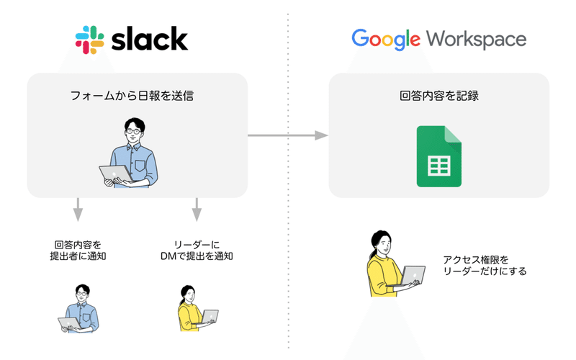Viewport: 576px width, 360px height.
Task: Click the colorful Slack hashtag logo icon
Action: (89, 40)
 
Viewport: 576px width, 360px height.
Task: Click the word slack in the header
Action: (149, 38)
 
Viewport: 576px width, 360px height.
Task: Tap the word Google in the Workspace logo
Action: (384, 39)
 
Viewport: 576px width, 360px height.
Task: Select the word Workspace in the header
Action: (486, 39)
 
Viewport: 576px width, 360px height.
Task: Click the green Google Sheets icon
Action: (438, 156)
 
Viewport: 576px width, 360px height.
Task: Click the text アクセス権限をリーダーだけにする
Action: (485, 266)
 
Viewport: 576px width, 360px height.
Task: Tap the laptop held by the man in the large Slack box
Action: (115, 174)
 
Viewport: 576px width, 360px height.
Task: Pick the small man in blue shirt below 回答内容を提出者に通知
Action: (78, 309)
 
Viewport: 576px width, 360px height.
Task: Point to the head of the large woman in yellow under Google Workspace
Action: (380, 242)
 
